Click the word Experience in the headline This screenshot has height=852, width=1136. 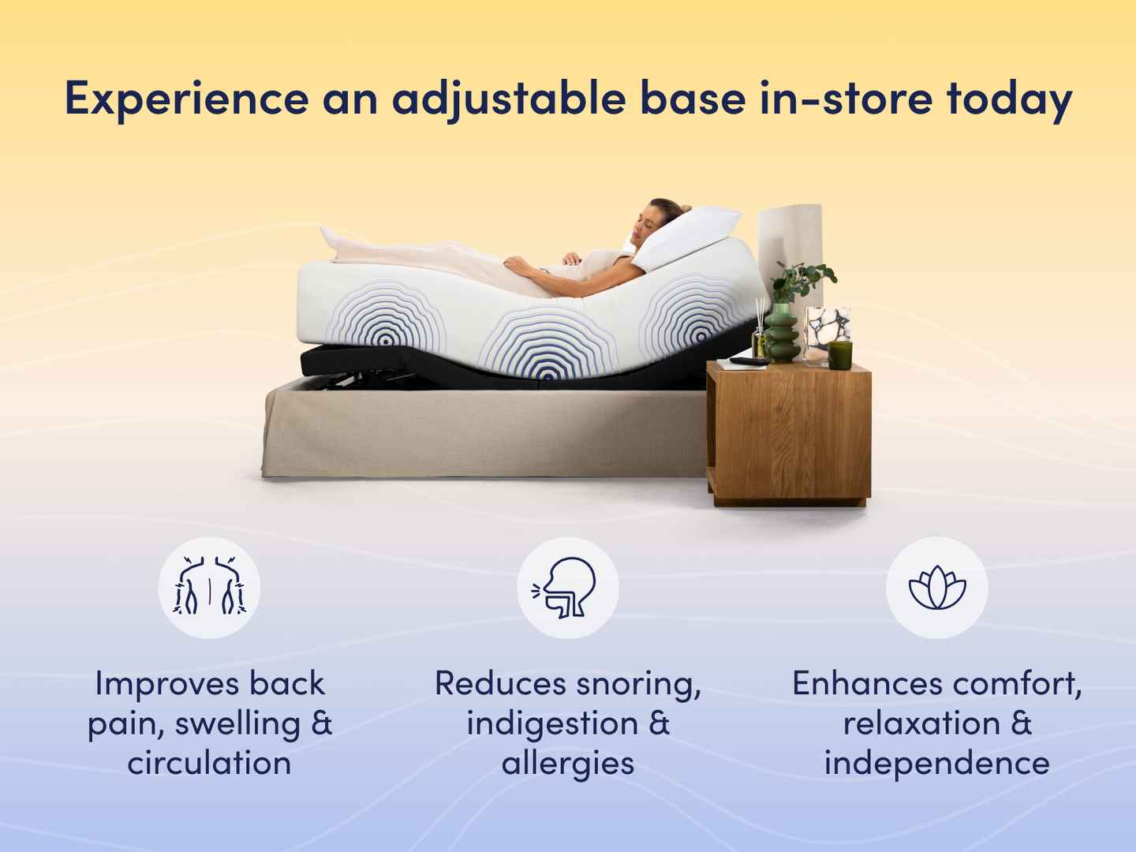[x=187, y=99]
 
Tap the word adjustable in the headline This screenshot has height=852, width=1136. [x=510, y=99]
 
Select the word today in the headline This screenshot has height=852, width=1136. [x=1010, y=99]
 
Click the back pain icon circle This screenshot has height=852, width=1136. [x=209, y=588]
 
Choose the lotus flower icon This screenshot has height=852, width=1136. [x=937, y=588]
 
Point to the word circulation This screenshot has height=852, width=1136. [x=209, y=763]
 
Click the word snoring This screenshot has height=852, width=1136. [x=639, y=685]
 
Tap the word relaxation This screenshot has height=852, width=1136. [x=921, y=723]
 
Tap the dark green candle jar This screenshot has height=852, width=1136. [x=840, y=355]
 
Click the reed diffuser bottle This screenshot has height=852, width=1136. [x=759, y=336]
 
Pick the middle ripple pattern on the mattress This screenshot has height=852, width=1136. [x=547, y=343]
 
